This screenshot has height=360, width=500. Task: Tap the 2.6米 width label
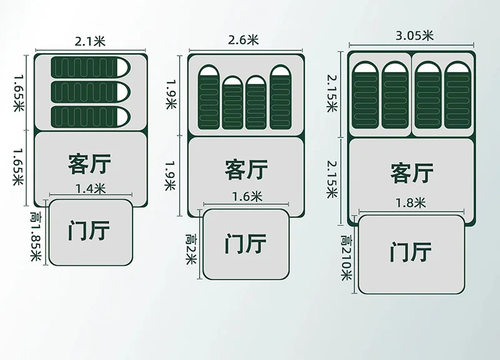(244, 40)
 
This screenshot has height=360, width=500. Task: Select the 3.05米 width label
(414, 36)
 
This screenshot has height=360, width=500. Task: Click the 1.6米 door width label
(246, 197)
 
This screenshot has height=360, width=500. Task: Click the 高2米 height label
(191, 249)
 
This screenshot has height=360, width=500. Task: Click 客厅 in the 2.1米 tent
(89, 164)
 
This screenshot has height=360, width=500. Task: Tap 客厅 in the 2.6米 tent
(246, 169)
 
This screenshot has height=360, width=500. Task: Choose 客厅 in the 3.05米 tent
(412, 172)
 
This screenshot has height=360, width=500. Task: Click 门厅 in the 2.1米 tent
(89, 231)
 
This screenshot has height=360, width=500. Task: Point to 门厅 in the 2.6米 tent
(246, 244)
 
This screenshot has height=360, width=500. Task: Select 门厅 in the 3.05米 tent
(411, 253)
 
